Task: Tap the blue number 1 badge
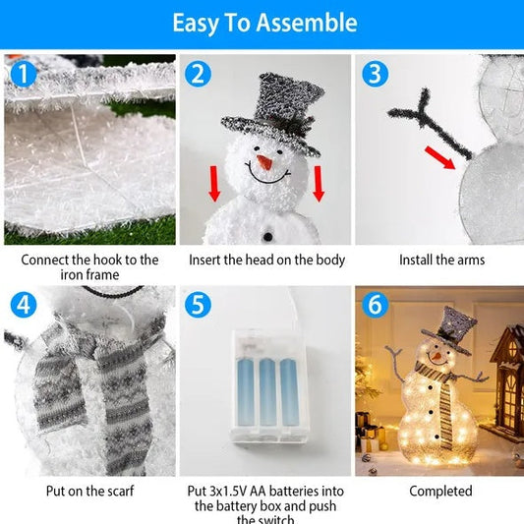click(x=22, y=74)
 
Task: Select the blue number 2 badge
click(x=200, y=74)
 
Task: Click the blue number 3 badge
click(x=374, y=74)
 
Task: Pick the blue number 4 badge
click(x=22, y=305)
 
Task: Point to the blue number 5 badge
click(x=200, y=305)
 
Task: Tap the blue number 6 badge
click(x=374, y=305)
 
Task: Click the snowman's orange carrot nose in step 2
click(x=263, y=159)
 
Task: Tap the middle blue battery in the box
click(x=263, y=393)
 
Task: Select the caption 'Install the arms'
click(x=441, y=261)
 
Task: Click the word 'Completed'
click(x=441, y=491)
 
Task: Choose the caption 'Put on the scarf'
click(x=89, y=491)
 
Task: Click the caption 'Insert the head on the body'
click(x=266, y=261)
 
